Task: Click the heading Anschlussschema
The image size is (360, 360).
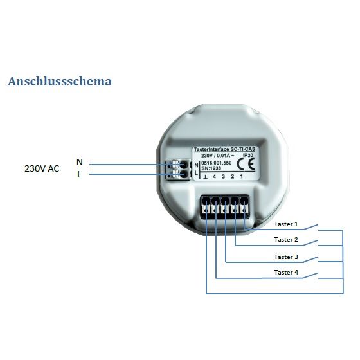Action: pos(60,81)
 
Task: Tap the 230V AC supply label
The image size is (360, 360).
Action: pos(42,168)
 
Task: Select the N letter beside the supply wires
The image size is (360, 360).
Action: pos(80,162)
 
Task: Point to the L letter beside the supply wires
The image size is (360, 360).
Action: pos(80,175)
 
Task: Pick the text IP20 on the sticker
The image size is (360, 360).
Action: pos(248,155)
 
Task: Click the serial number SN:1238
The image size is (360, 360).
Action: pos(212,168)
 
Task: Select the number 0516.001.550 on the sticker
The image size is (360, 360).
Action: pos(216,163)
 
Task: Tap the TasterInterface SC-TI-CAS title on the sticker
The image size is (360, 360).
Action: pos(224,149)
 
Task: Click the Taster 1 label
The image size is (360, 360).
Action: pos(286,224)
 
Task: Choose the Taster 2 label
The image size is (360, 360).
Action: pos(286,239)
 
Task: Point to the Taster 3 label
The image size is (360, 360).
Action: pos(286,256)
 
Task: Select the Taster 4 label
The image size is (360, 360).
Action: pos(286,273)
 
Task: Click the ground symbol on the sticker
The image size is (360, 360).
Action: pos(205,177)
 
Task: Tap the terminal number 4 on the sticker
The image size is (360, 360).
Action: pos(214,177)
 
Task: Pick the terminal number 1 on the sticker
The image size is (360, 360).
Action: pos(242,176)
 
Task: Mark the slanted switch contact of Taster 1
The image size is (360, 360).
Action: pos(310,227)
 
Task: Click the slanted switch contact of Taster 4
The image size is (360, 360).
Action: pos(310,275)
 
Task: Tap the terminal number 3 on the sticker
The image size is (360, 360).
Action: pos(223,177)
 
